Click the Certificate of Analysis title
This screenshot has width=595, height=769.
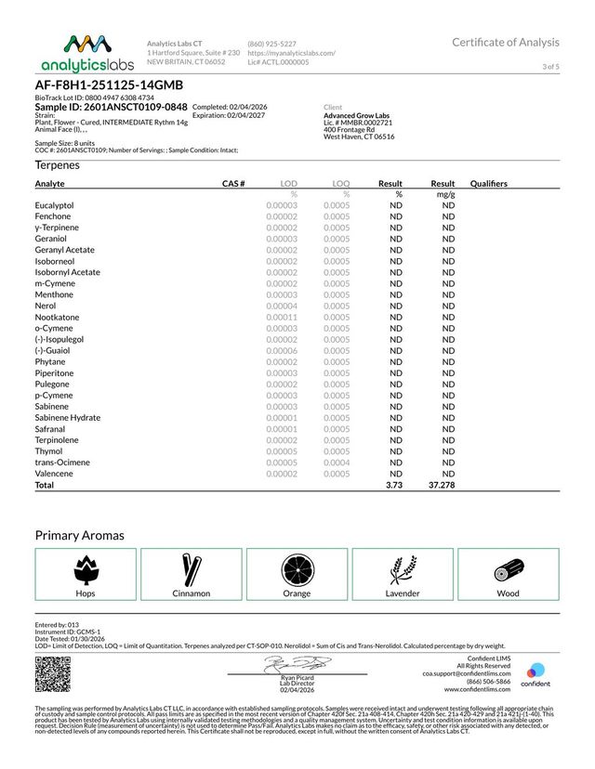[506, 42]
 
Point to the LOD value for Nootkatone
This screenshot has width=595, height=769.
[281, 317]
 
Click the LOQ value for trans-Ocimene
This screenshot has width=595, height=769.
[337, 463]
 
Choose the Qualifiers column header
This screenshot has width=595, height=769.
[489, 184]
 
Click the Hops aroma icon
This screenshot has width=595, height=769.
[86, 568]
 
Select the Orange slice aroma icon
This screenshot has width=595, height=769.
[297, 568]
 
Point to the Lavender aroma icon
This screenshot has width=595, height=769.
[403, 568]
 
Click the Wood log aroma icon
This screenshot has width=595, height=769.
[508, 568]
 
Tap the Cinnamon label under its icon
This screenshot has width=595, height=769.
[192, 593]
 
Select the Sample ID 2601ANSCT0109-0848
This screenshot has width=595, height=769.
[111, 108]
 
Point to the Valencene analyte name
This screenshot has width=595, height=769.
[55, 474]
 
